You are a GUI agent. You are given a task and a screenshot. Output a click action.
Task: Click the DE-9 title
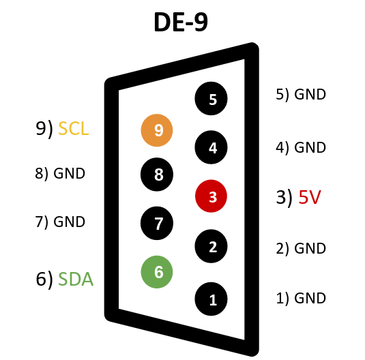point(181,22)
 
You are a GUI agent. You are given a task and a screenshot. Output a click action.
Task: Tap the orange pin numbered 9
point(157,130)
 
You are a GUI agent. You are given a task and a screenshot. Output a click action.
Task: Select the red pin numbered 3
point(211,196)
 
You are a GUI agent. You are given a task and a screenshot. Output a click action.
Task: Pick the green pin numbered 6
point(157,272)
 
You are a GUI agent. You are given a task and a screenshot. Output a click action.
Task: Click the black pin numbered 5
point(211,98)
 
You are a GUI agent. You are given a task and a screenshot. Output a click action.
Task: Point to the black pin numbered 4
point(211,147)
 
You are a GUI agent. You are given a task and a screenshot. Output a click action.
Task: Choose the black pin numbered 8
point(157,175)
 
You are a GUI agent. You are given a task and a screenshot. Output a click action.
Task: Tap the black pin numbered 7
point(157,223)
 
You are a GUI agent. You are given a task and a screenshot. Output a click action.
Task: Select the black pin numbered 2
point(211,246)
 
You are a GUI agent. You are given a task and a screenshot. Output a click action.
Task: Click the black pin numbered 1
point(211,299)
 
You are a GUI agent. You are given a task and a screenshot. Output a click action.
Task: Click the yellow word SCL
point(73,128)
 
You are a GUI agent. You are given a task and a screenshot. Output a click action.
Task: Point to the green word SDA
point(76,279)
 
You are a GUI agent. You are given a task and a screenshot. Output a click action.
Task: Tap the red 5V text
point(310,197)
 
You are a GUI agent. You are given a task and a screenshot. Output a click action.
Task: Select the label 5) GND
point(301,95)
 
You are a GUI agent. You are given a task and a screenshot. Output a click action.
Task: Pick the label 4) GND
point(301,147)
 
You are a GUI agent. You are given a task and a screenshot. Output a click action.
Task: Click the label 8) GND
point(60,173)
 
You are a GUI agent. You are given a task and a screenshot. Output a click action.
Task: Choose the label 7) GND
point(60,222)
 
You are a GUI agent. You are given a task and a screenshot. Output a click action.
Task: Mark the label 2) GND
point(301,248)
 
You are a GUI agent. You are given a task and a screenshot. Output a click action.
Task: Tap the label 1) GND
point(301,298)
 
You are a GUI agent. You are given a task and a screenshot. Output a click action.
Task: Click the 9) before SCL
point(44,129)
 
